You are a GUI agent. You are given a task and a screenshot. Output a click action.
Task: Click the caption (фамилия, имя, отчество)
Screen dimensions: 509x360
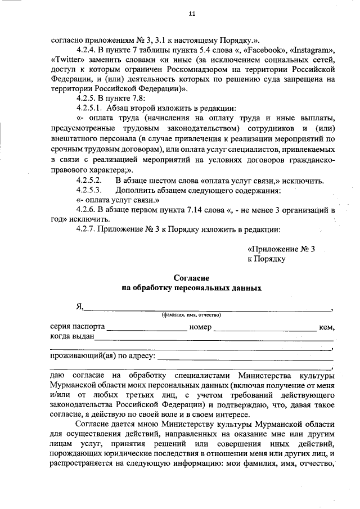191,315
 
